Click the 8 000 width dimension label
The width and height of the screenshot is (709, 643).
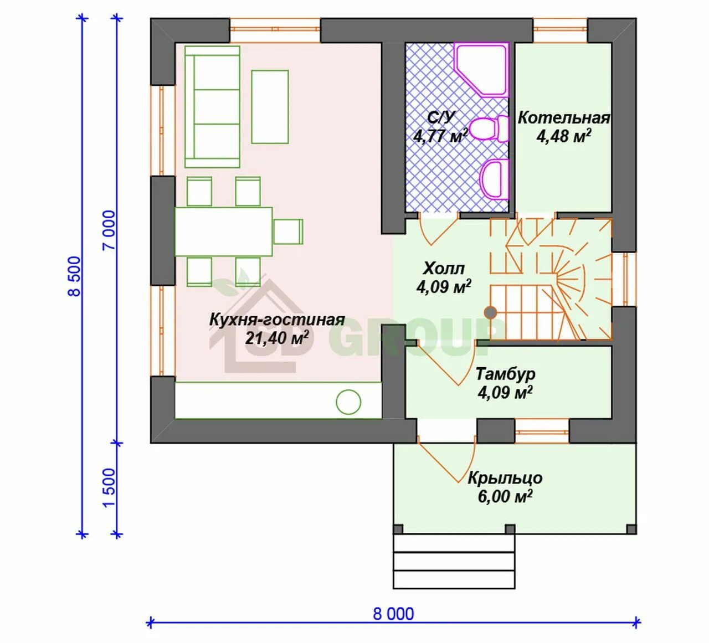(x=393, y=614)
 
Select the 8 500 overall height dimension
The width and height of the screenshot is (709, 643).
(x=75, y=276)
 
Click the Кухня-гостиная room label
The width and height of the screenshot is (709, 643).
(x=277, y=320)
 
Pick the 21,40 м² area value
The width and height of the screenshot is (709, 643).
(x=275, y=338)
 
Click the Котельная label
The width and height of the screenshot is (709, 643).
(x=564, y=118)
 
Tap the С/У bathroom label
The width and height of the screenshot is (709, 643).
(x=440, y=117)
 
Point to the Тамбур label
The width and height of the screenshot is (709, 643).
(x=505, y=374)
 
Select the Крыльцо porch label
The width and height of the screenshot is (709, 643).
(x=505, y=479)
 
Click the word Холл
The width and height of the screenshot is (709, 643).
(x=444, y=269)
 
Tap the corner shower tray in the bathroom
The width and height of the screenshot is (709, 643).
(x=481, y=69)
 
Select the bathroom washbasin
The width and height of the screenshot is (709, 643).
(x=495, y=178)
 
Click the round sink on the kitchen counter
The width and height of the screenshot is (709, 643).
(x=348, y=402)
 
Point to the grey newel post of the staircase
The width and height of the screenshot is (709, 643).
(x=490, y=312)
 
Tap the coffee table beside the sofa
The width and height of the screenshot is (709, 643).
(x=270, y=107)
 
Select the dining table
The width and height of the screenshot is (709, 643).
(x=223, y=232)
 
